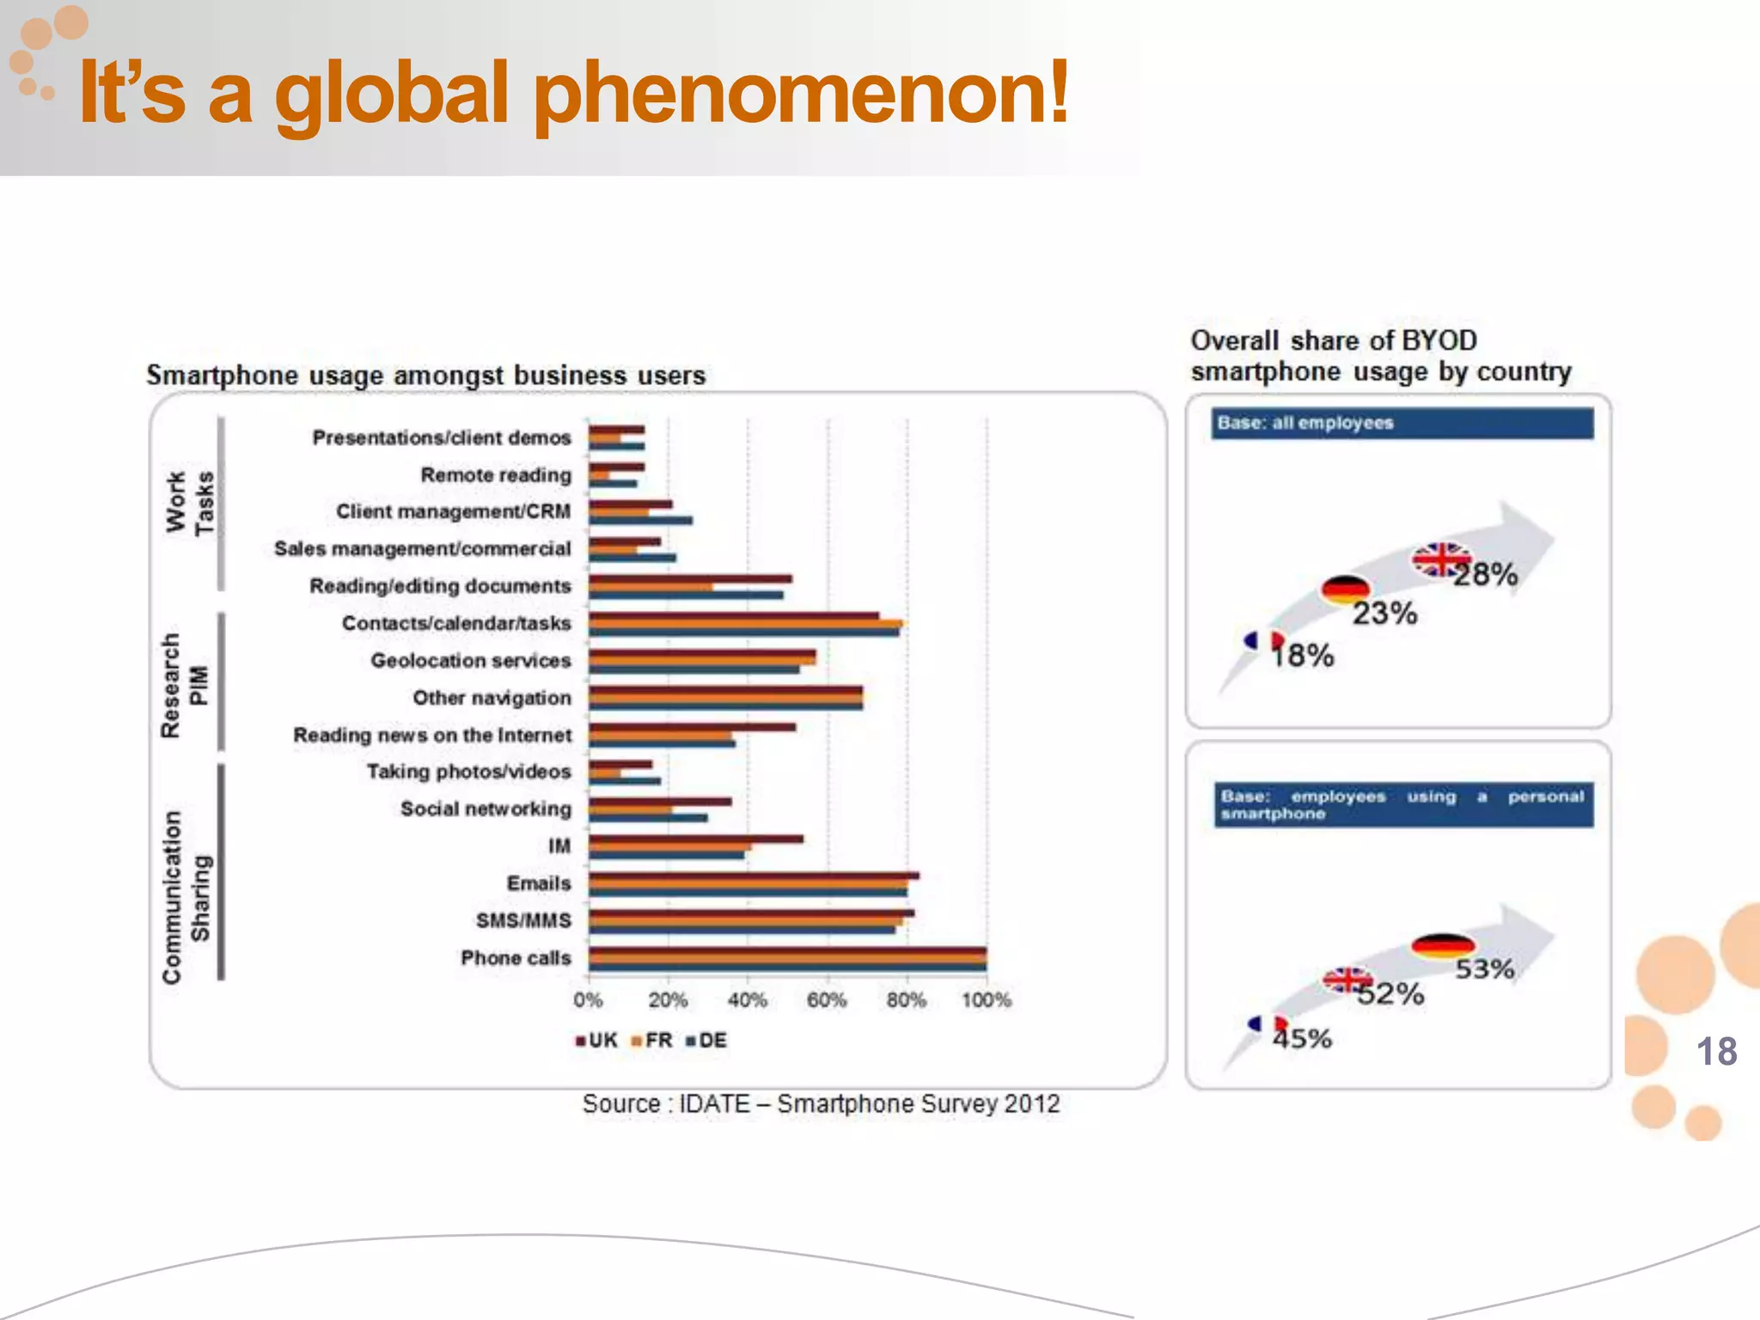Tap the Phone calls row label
(516, 958)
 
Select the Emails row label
(539, 883)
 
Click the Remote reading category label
(496, 475)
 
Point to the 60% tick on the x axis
(827, 1000)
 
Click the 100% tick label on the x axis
(987, 1000)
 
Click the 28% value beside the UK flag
(1487, 575)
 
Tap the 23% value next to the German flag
(1384, 614)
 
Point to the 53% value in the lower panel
(1484, 969)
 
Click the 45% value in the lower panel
(1302, 1039)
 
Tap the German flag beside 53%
(1442, 945)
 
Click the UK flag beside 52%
(1347, 980)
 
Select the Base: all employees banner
(1402, 423)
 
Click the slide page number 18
(1716, 1052)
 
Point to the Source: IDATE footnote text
(821, 1104)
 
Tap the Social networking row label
(486, 810)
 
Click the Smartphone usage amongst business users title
(425, 376)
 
